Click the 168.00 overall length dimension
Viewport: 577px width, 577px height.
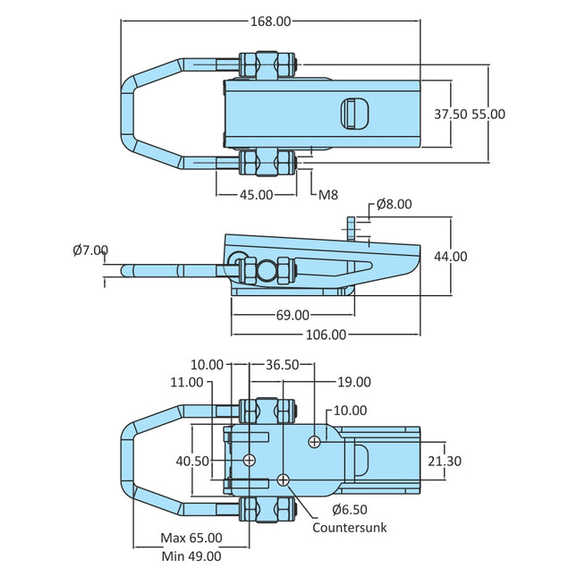tap(270, 21)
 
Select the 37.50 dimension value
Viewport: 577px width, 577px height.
tap(451, 114)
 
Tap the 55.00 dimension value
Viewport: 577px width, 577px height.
tap(489, 114)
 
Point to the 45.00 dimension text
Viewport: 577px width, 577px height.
tap(256, 194)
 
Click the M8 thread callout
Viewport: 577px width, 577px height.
tap(327, 194)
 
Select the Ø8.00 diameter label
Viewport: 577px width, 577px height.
tap(394, 204)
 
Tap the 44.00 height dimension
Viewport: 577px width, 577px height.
tap(450, 256)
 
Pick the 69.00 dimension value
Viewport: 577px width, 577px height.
tap(292, 315)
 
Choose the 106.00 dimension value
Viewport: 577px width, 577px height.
tap(326, 335)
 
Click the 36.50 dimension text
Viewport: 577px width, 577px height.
tap(282, 364)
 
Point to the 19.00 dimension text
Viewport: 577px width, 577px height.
tap(353, 382)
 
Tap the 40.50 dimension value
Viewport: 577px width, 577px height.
tap(191, 461)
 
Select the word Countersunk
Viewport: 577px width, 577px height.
tap(350, 528)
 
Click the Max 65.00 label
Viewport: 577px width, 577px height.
tap(191, 539)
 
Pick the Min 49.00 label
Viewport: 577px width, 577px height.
tap(191, 556)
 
